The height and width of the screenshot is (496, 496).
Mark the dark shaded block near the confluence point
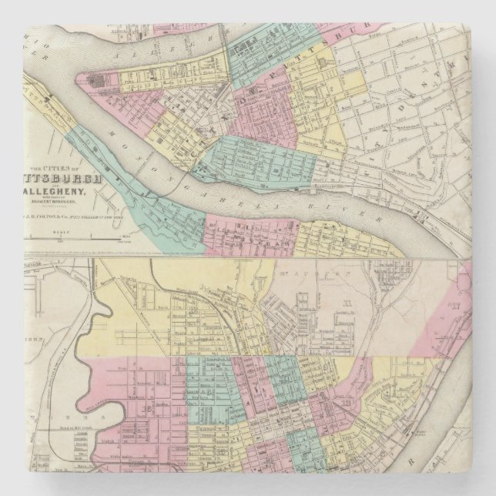pos(96,79)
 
